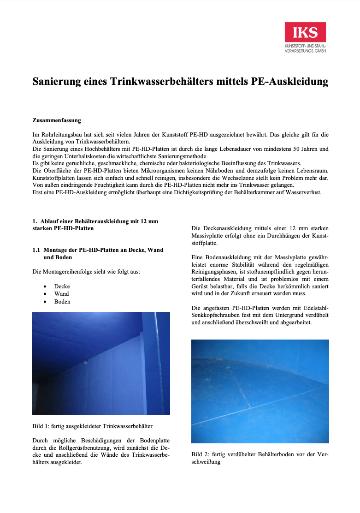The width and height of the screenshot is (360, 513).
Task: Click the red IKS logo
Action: click(x=305, y=32)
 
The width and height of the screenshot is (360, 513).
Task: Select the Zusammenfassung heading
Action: click(x=57, y=120)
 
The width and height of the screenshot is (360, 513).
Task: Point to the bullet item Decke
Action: click(x=62, y=286)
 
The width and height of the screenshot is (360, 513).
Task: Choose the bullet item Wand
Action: click(x=61, y=294)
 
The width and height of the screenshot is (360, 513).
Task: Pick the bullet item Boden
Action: click(x=62, y=301)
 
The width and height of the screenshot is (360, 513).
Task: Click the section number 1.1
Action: click(x=36, y=250)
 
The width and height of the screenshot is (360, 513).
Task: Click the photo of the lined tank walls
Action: click(x=101, y=364)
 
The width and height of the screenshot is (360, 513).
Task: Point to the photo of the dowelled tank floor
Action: click(x=260, y=391)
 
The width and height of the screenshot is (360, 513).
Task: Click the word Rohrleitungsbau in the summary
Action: click(x=59, y=135)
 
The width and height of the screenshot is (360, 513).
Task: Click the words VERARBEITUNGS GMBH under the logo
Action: click(x=305, y=51)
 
